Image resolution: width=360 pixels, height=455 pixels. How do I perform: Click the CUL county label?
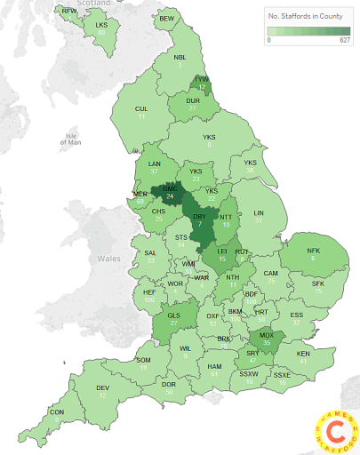pyautogui.click(x=140, y=108)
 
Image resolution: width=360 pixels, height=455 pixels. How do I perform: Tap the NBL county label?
pyautogui.click(x=180, y=57)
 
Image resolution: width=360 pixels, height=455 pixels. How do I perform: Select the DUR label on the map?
pyautogui.click(x=193, y=101)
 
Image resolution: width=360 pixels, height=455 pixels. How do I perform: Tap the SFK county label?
pyautogui.click(x=317, y=283)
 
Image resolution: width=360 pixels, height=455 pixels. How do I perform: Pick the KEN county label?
pyautogui.click(x=304, y=353)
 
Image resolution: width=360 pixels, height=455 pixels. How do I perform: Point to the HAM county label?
pyautogui.click(x=213, y=366)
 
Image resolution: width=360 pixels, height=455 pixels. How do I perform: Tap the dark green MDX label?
pyautogui.click(x=266, y=335)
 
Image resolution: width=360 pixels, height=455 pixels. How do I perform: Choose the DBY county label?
pyautogui.click(x=200, y=216)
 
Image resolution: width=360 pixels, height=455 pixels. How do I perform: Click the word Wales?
pyautogui.click(x=108, y=259)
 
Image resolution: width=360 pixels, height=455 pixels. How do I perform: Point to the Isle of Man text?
pyautogui.click(x=73, y=138)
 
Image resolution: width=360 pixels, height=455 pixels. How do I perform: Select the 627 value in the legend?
pyautogui.click(x=344, y=40)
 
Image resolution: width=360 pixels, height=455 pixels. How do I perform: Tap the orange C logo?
pyautogui.click(x=333, y=429)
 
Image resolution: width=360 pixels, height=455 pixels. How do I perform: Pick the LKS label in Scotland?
pyautogui.click(x=100, y=25)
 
